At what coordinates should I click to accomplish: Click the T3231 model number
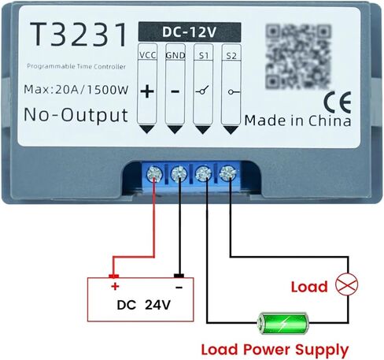pyautogui.click(x=79, y=35)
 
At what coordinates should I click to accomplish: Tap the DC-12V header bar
pyautogui.click(x=190, y=32)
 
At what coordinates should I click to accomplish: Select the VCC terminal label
pyautogui.click(x=148, y=55)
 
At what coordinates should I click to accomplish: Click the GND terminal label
pyautogui.click(x=175, y=55)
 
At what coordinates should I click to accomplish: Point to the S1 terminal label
pyautogui.click(x=204, y=55)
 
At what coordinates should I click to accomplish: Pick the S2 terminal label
pyautogui.click(x=231, y=56)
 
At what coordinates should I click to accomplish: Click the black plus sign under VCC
pyautogui.click(x=147, y=91)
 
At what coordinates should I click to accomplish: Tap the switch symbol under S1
pyautogui.click(x=202, y=91)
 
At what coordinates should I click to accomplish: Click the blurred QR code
pyautogui.click(x=298, y=57)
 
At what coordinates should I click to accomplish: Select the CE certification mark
pyautogui.click(x=338, y=102)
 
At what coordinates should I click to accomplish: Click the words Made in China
pyautogui.click(x=297, y=121)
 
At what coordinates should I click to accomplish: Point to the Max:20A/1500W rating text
pyautogui.click(x=76, y=90)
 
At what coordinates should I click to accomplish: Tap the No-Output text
pyautogui.click(x=76, y=115)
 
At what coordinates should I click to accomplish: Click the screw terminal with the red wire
pyautogui.click(x=154, y=173)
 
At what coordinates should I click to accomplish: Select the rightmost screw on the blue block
pyautogui.click(x=227, y=173)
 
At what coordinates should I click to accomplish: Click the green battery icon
pyautogui.click(x=282, y=323)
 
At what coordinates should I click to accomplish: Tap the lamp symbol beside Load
pyautogui.click(x=347, y=284)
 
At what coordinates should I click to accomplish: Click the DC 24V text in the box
pyautogui.click(x=144, y=305)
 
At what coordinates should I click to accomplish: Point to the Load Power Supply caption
pyautogui.click(x=275, y=350)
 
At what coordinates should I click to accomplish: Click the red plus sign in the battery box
pyautogui.click(x=115, y=286)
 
